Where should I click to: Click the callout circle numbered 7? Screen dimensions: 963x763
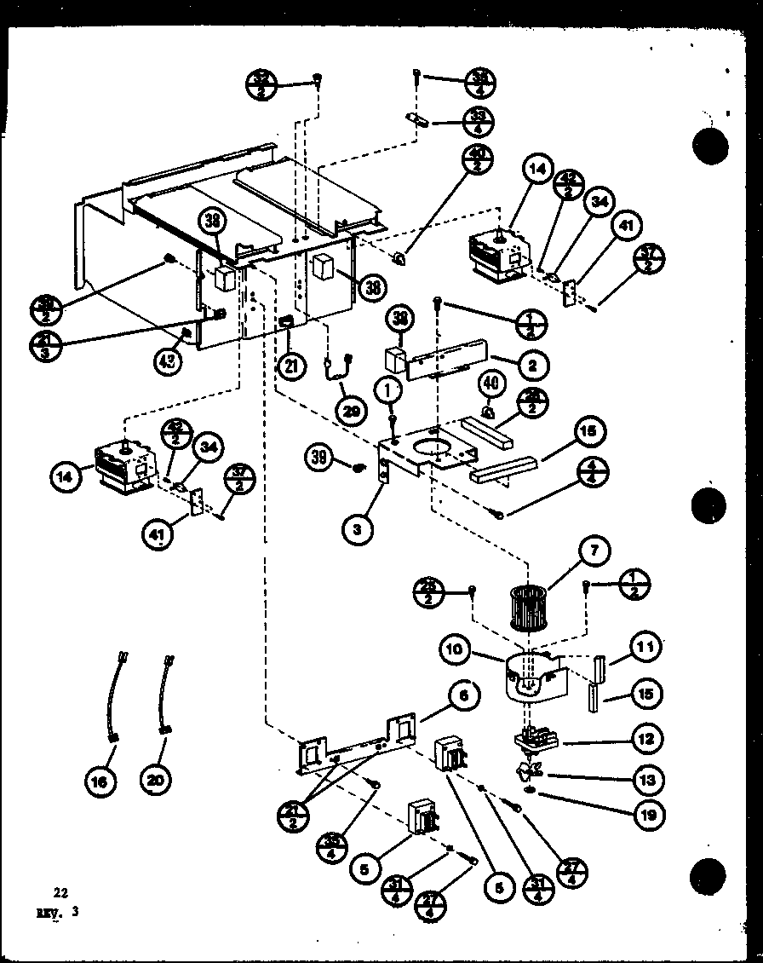coord(594,552)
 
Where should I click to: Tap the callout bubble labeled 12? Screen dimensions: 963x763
coord(646,739)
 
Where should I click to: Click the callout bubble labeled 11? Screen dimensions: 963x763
coord(646,649)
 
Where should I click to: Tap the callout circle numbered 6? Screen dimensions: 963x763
coord(463,696)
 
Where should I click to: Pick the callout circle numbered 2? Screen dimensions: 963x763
coord(531,366)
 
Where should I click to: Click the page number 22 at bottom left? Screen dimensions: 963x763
coord(60,893)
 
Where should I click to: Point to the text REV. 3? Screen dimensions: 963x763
coord(57,911)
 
